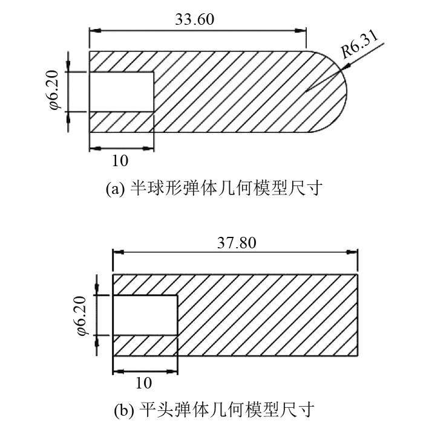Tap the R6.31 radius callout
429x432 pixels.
pos(359,45)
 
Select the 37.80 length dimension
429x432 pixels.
pos(236,243)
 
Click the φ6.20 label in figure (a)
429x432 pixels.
pos(54,91)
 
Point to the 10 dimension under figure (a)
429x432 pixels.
pos(120,162)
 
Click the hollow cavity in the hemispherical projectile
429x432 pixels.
pos(121,91)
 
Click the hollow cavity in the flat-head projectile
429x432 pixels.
pos(145,315)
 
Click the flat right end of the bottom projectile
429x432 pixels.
pos(358,314)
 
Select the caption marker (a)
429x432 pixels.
pos(115,189)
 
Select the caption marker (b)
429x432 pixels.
pos(123,412)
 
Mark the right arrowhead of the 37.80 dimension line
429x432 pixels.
pos(354,253)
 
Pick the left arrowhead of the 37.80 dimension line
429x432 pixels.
pos(117,253)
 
